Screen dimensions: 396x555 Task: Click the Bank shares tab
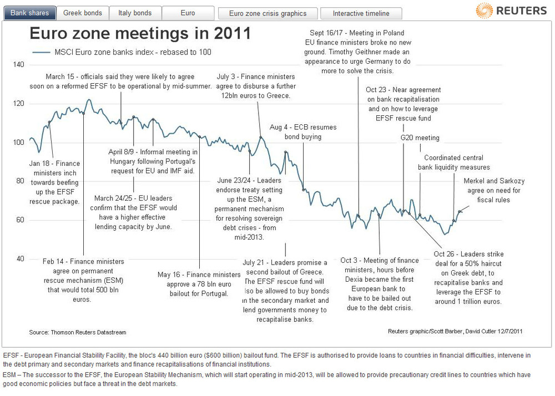[30, 13]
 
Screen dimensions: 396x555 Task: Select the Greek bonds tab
[82, 13]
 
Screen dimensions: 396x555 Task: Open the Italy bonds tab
[135, 13]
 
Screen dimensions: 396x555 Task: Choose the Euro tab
[188, 13]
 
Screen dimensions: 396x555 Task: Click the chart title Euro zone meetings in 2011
[139, 34]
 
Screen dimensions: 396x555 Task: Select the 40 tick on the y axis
[20, 258]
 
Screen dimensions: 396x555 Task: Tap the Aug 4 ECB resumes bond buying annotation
[303, 131]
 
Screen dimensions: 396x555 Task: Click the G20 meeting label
[420, 138]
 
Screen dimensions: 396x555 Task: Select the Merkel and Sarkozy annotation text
[494, 190]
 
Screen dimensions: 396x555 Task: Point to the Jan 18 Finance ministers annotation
[54, 182]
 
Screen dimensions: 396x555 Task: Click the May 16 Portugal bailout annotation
[199, 283]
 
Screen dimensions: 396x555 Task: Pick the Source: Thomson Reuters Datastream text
[78, 332]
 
